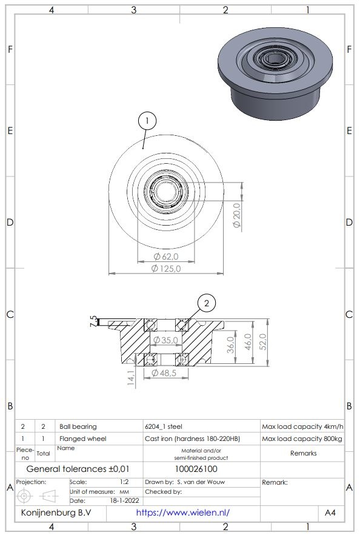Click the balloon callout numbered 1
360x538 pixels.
[146, 120]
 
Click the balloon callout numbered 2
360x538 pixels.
[207, 302]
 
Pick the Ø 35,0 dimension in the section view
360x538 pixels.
[165, 340]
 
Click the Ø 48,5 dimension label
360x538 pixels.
[165, 373]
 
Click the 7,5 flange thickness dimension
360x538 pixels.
[93, 321]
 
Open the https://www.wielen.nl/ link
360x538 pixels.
[183, 513]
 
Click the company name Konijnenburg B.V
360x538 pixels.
[56, 513]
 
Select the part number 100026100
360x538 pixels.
[200, 469]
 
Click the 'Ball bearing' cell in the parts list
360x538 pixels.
[78, 426]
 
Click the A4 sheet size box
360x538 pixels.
[330, 513]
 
